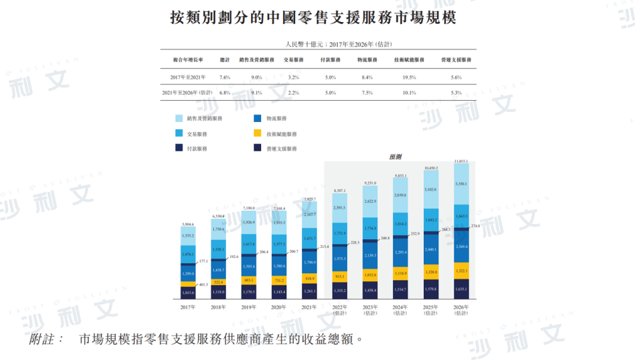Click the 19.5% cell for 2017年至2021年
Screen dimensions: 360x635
click(x=409, y=77)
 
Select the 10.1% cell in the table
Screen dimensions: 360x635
click(x=409, y=93)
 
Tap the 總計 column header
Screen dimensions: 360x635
click(x=225, y=59)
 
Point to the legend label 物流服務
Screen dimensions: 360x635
click(x=276, y=118)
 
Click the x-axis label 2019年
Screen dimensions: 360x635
click(x=249, y=307)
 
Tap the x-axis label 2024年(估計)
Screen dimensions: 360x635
click(x=401, y=311)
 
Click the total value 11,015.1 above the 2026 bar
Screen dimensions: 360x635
click(x=460, y=161)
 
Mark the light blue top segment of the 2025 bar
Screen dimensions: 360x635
click(x=431, y=189)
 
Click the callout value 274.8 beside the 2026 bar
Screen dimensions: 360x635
click(x=475, y=227)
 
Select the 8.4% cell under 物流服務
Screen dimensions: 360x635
click(x=367, y=77)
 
